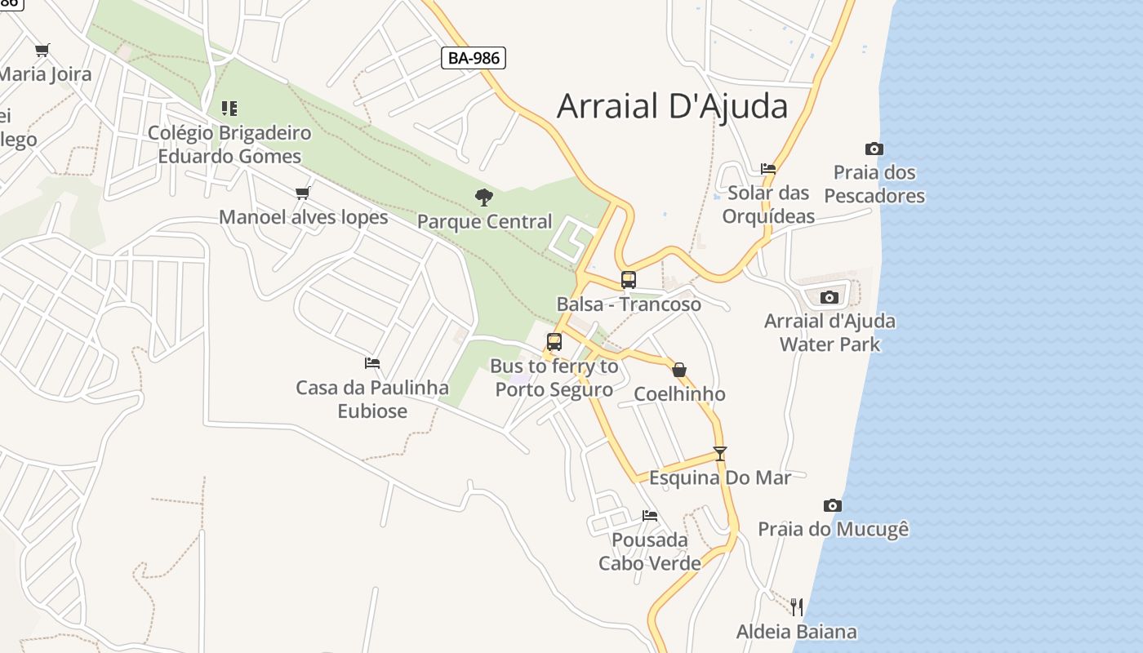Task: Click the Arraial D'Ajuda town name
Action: (x=672, y=107)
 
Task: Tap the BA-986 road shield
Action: (x=474, y=58)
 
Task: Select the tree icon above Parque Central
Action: (x=484, y=197)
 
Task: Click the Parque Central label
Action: (x=484, y=221)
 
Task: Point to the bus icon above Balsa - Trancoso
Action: (x=628, y=279)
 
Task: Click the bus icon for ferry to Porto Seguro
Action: (x=554, y=342)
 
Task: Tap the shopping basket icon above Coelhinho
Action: (x=679, y=370)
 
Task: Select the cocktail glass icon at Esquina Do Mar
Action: (x=719, y=454)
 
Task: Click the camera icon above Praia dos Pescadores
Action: (x=874, y=149)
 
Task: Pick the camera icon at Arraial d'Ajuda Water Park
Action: (x=829, y=297)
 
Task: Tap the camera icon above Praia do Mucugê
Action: (x=833, y=505)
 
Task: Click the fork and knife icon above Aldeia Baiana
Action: (x=796, y=606)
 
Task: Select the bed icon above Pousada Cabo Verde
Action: (x=650, y=515)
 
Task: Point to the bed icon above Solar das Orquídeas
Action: (x=768, y=169)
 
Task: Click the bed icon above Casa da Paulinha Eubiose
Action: (x=372, y=362)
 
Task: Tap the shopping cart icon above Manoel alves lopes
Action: (x=303, y=193)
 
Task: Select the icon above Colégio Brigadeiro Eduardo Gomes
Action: (x=229, y=108)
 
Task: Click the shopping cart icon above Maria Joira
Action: (x=42, y=50)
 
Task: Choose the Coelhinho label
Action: (x=679, y=394)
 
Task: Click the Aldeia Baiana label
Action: (x=796, y=632)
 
